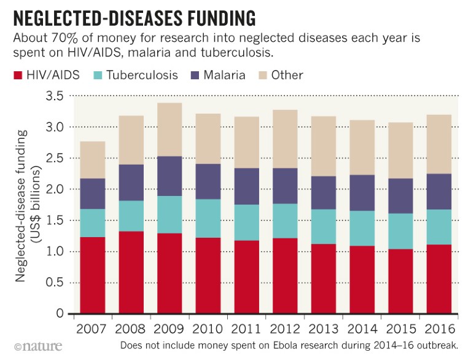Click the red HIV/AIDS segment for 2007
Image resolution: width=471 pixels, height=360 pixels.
pos(91,275)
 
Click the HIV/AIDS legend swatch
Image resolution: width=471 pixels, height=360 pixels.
pos(16,76)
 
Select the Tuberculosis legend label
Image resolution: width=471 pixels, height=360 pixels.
pos(142,76)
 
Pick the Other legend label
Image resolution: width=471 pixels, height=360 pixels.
pos(286,76)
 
